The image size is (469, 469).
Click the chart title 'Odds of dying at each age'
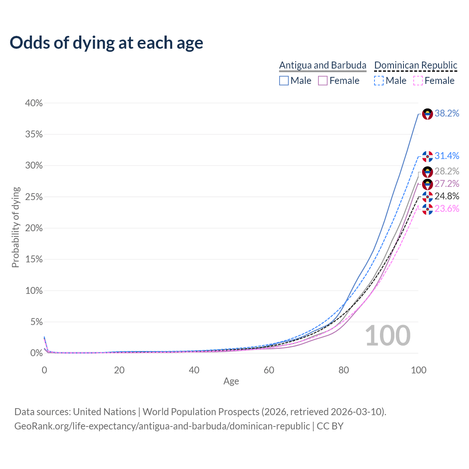[x=106, y=43]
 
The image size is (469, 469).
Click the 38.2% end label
[x=447, y=114]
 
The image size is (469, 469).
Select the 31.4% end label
[x=447, y=156]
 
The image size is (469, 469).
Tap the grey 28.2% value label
[x=447, y=171]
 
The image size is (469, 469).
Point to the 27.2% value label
[x=447, y=184]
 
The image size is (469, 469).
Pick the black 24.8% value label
[x=447, y=196]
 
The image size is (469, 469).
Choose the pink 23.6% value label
[x=447, y=209]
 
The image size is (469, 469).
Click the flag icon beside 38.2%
[x=428, y=114]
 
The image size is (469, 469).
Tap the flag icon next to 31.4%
[x=428, y=156]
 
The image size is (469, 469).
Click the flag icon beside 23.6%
[x=428, y=209]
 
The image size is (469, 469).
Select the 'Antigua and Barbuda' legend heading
[x=322, y=65]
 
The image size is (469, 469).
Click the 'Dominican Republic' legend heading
[x=416, y=65]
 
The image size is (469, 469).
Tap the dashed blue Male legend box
[x=379, y=81]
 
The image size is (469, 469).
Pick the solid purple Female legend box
[x=323, y=81]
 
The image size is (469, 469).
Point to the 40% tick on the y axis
[x=34, y=103]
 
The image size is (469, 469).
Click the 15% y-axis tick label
[x=34, y=259]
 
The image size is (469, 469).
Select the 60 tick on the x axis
[x=269, y=370]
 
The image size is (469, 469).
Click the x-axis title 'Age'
[x=231, y=381]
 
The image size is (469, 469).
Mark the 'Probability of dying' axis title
[x=15, y=227]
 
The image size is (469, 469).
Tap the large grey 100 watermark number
[x=388, y=336]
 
